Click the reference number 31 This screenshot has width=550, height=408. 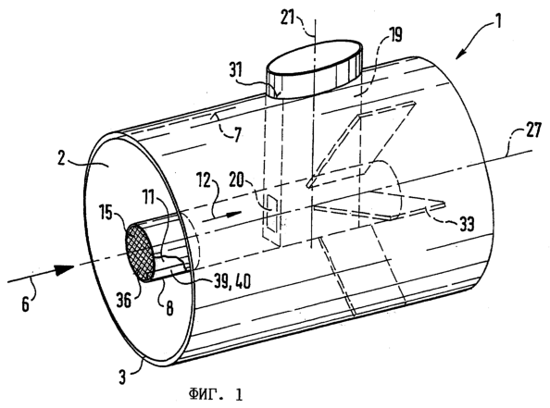coord(236,70)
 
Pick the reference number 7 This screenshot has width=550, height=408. coord(238,134)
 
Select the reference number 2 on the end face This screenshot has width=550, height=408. coord(62,158)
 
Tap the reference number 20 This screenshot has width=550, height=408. coord(237,181)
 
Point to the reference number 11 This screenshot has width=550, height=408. coord(149,197)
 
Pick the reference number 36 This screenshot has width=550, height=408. coord(124,301)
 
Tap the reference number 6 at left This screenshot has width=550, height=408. coord(26,304)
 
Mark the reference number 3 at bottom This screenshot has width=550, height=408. coord(121,377)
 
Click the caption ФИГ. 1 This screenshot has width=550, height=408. coord(215,395)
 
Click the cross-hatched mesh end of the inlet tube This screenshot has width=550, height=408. coord(141,251)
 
